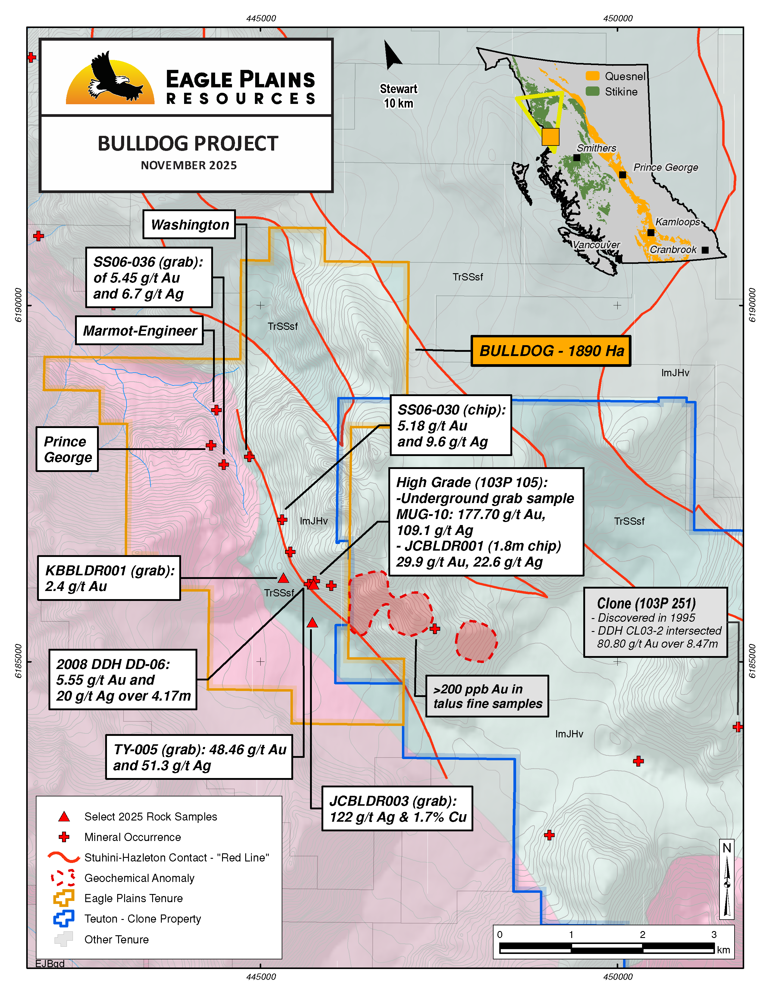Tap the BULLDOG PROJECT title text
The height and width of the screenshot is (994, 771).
point(187,144)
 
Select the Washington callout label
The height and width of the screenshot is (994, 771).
point(189,224)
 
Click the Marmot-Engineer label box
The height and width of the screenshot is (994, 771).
point(139,330)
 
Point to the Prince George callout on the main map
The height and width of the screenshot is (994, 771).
point(67,449)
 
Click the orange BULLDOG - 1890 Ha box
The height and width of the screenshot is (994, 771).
point(551,351)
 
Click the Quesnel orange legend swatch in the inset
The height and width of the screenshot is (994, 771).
point(592,76)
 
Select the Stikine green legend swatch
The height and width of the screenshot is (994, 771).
point(592,92)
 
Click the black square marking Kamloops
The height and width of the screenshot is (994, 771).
point(651,233)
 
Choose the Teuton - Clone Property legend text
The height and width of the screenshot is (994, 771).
point(143,919)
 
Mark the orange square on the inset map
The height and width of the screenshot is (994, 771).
point(550,136)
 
